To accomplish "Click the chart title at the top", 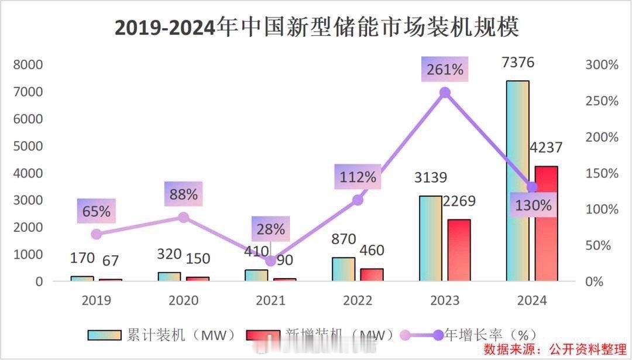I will [317, 28].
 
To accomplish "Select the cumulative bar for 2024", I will [517, 181].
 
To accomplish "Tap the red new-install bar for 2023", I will [459, 250].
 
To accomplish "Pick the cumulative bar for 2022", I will [344, 269].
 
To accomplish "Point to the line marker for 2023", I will [445, 92].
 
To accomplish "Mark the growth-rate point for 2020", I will [183, 217].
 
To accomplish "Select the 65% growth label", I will [97, 211].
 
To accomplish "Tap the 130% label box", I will [533, 205].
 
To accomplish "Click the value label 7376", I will [517, 63].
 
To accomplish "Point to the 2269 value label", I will [458, 202].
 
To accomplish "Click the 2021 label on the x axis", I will [270, 301].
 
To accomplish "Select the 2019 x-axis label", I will [97, 301].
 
